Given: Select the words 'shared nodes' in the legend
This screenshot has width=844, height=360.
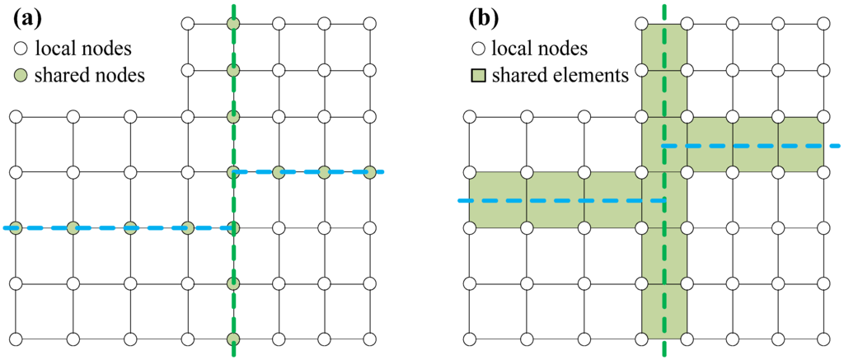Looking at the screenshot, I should [91, 76].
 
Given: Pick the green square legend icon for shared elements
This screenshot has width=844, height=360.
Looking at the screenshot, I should [478, 77].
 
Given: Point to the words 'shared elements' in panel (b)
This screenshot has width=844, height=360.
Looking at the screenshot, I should [560, 77].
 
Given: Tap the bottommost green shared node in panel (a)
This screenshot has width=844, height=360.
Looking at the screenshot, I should [233, 338].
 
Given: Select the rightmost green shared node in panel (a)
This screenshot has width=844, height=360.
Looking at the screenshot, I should [370, 172].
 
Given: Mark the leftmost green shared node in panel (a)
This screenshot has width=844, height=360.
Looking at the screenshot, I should [15, 227].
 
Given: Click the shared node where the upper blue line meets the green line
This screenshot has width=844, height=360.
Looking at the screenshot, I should [233, 172].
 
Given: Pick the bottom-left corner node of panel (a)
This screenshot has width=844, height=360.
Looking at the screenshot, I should [15, 338].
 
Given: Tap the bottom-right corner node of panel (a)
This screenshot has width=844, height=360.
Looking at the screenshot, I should [370, 338].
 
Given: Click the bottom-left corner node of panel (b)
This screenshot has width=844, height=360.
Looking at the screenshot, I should [469, 338].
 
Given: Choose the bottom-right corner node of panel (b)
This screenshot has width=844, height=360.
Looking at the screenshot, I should [823, 338].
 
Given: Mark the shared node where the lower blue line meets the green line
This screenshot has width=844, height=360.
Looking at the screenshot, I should [233, 227].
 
